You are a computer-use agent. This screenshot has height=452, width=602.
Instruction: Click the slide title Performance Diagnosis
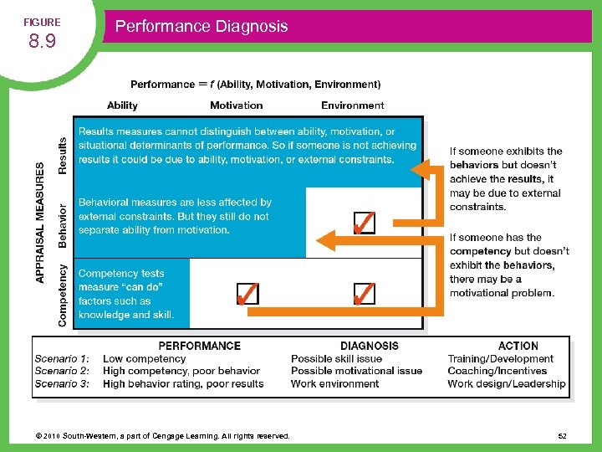pyautogui.click(x=201, y=26)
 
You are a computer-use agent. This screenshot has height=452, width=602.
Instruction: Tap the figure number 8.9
pyautogui.click(x=41, y=42)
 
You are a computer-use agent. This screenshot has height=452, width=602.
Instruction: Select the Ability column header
pyautogui.click(x=122, y=105)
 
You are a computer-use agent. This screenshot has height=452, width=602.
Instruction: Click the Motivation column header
pyautogui.click(x=236, y=105)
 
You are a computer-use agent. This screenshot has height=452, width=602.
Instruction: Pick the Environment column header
pyautogui.click(x=352, y=105)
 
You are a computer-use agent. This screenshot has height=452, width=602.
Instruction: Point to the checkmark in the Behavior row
pyautogui.click(x=363, y=223)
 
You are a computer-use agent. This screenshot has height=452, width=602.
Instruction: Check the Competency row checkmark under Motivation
pyautogui.click(x=247, y=294)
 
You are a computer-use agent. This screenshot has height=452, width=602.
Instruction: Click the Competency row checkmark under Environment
pyautogui.click(x=363, y=294)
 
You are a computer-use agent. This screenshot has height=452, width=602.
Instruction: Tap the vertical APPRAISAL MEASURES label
pyautogui.click(x=41, y=223)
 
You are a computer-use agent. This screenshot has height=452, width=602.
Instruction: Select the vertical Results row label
pyautogui.click(x=63, y=155)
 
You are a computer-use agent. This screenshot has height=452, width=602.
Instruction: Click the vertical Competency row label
pyautogui.click(x=63, y=295)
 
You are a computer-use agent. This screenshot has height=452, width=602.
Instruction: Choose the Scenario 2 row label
pyautogui.click(x=62, y=371)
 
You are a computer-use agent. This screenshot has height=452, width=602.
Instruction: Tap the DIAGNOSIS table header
pyautogui.click(x=369, y=346)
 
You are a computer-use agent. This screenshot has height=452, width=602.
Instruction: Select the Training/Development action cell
pyautogui.click(x=500, y=358)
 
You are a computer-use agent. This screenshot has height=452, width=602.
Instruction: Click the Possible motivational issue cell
pyautogui.click(x=356, y=371)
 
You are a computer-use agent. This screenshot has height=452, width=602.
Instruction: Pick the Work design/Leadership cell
pyautogui.click(x=506, y=383)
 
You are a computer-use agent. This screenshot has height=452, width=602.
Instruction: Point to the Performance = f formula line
pyautogui.click(x=255, y=85)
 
